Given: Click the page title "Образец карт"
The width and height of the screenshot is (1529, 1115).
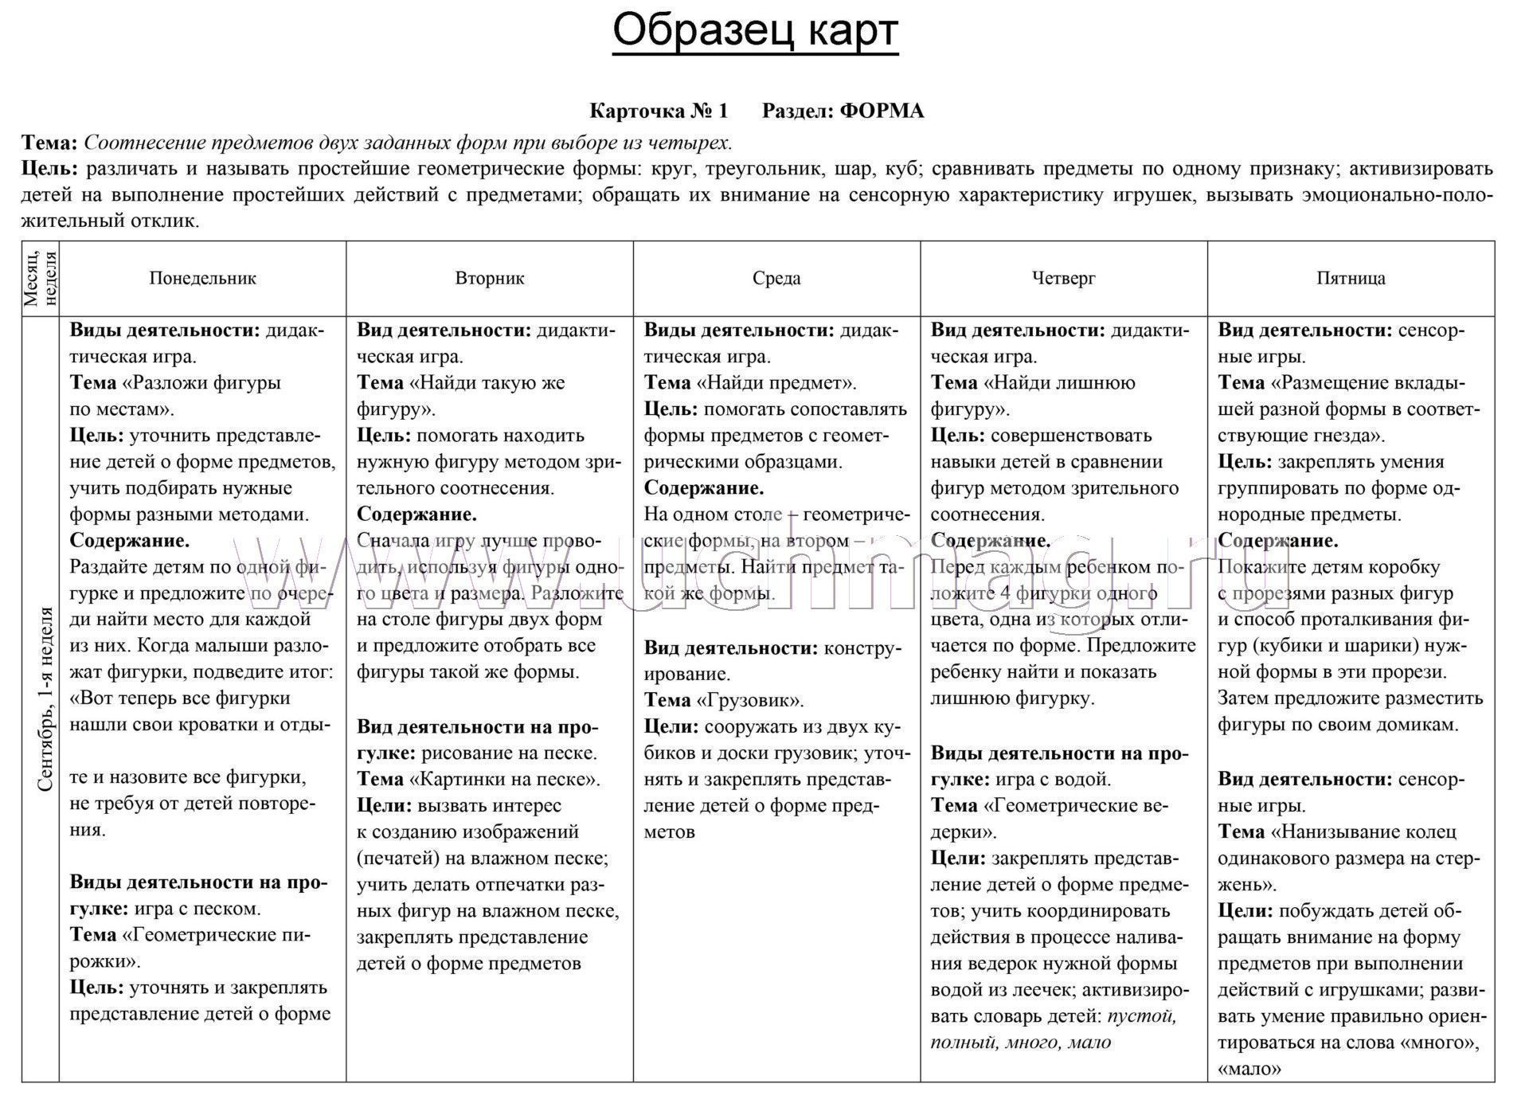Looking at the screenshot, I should [x=755, y=32].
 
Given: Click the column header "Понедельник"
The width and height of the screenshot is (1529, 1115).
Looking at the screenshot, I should [x=202, y=278].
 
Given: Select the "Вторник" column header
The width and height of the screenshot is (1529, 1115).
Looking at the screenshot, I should [x=490, y=278].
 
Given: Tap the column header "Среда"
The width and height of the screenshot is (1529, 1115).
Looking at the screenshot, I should [x=776, y=278].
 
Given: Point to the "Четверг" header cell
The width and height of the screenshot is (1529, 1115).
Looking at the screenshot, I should [x=1064, y=278].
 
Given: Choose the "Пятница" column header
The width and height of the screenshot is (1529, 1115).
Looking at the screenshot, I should [x=1351, y=278].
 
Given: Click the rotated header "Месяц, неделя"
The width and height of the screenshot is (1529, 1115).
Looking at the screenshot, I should [x=40, y=278].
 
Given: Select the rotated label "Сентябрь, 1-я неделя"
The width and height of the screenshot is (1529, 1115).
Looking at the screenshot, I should [x=45, y=699].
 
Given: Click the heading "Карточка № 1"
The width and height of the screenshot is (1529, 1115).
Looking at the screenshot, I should [x=659, y=111].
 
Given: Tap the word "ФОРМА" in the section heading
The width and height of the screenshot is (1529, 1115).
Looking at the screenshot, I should [x=882, y=111].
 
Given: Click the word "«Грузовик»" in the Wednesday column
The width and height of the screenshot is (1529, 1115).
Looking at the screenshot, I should [x=750, y=700].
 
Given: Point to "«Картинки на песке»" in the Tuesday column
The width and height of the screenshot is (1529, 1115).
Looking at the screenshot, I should [x=505, y=779].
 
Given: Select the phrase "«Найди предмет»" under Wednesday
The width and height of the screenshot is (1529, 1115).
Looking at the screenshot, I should [x=776, y=383].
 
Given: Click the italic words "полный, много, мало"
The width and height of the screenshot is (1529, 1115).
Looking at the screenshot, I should [x=1020, y=1043].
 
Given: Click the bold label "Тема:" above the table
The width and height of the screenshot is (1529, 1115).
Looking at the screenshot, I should [x=49, y=143].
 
